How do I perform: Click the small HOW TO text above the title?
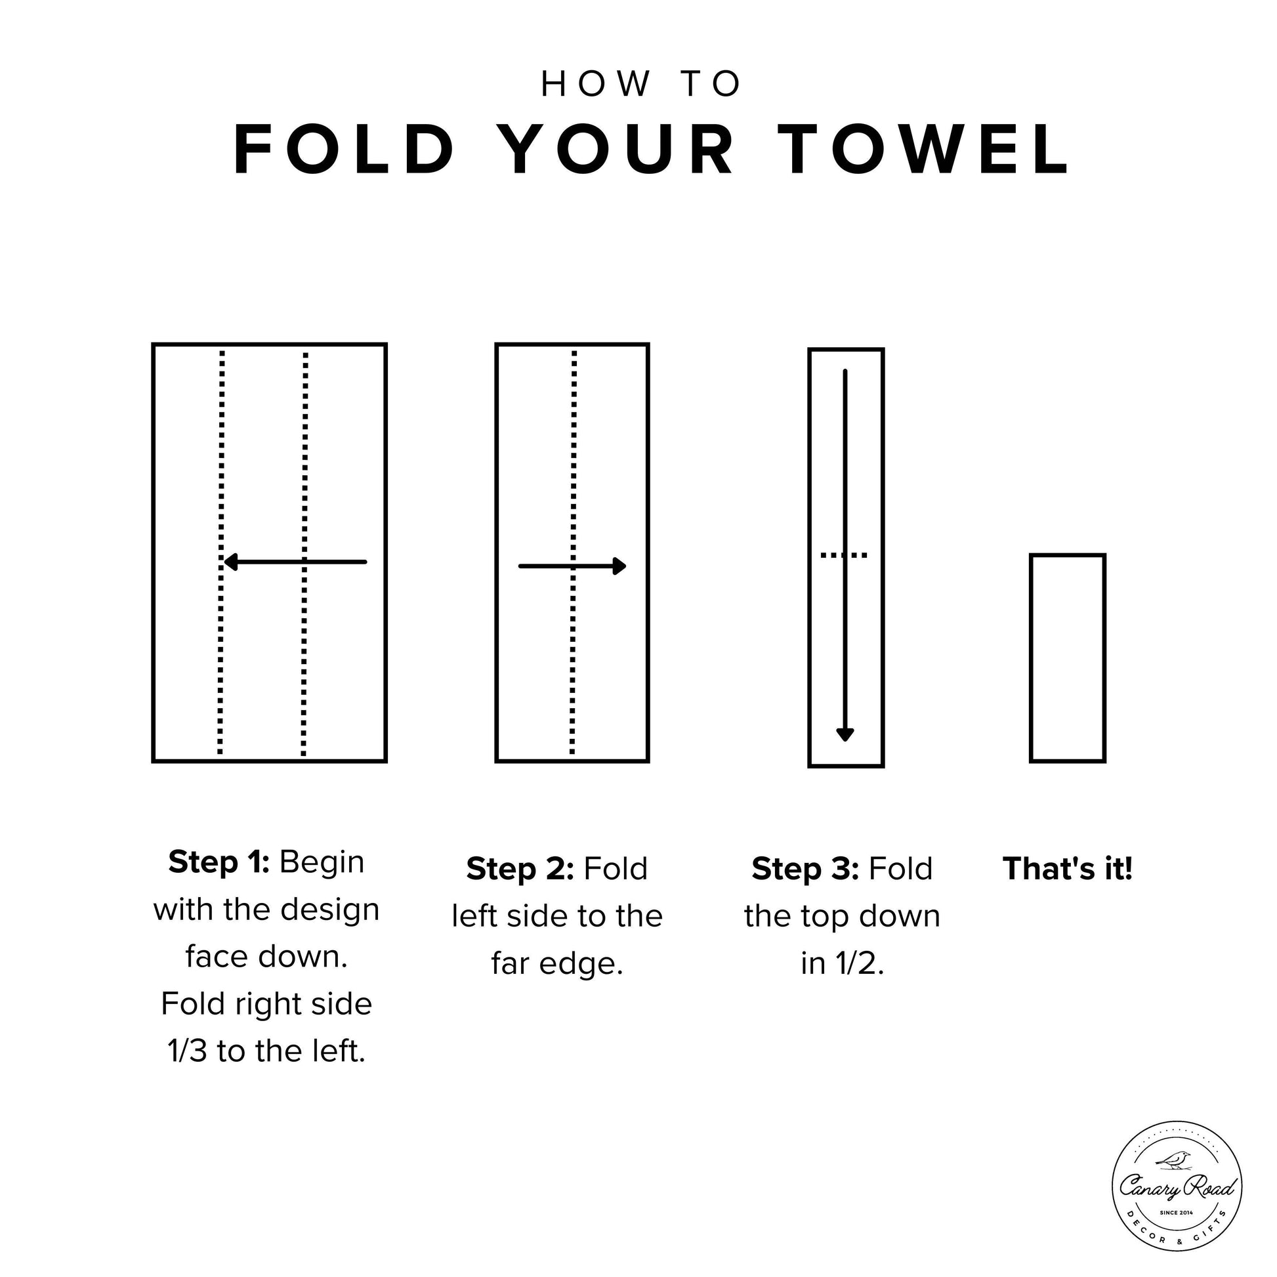[x=640, y=84]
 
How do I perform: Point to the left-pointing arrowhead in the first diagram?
[x=231, y=562]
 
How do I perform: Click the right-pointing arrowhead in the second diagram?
[x=619, y=566]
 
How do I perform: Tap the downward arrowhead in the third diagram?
[x=845, y=734]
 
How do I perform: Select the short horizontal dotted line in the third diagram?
[x=844, y=555]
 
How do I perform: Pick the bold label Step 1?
[x=219, y=862]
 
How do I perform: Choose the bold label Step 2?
[x=520, y=869]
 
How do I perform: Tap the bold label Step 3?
[x=805, y=869]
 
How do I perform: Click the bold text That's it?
[x=1068, y=869]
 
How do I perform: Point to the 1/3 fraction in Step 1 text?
[x=188, y=1051]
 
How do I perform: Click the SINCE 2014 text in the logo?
[x=1177, y=1213]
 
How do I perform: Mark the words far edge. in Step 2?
[x=557, y=964]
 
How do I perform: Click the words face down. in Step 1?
[x=266, y=956]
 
